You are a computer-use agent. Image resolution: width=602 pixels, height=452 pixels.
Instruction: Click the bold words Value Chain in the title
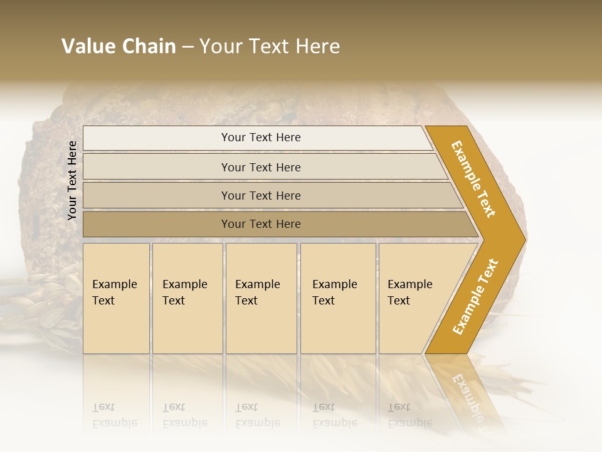click(119, 46)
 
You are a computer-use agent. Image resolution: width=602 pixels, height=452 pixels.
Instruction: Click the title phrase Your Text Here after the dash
click(270, 46)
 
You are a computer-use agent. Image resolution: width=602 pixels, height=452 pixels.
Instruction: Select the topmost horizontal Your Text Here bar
click(261, 137)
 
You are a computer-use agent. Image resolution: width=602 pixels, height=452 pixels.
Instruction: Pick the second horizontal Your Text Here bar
click(261, 167)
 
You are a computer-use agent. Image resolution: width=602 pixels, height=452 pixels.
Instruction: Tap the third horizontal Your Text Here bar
click(261, 195)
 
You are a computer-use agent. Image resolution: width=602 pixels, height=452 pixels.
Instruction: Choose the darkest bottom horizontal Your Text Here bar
click(261, 223)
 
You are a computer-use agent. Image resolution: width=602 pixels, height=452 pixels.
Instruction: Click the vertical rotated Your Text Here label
click(72, 180)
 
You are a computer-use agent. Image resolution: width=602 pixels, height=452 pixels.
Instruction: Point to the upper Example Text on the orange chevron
click(473, 179)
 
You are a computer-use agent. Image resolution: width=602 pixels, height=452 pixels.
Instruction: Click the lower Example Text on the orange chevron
click(475, 297)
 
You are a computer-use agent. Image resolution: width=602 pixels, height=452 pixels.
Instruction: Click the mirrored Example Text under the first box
click(115, 415)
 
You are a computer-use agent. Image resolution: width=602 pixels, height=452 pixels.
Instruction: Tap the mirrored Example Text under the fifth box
click(410, 415)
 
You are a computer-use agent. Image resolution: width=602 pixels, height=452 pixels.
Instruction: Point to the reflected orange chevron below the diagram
click(467, 392)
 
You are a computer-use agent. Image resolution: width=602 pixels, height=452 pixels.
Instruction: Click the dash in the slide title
click(187, 47)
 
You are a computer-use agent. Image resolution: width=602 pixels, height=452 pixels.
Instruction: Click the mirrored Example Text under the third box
click(258, 415)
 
